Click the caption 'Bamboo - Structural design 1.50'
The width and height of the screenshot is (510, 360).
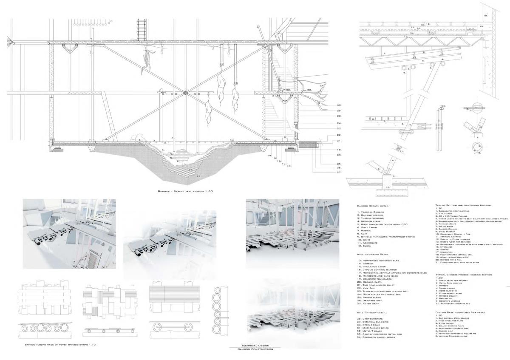coord(184,192)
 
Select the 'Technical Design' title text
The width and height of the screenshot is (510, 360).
coord(255,346)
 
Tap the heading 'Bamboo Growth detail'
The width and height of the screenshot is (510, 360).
coord(374,206)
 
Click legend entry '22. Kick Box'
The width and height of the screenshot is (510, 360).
coord(368,289)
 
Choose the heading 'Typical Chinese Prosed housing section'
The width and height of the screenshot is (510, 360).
coord(464,275)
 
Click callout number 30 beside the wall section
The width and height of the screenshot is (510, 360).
coord(339,105)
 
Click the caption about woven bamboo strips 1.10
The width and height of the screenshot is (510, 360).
coord(60,344)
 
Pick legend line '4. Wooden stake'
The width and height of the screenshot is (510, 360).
coord(370,221)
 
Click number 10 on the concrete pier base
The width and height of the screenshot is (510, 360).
coord(388,187)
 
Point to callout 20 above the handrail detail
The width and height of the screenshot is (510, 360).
coord(443,105)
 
